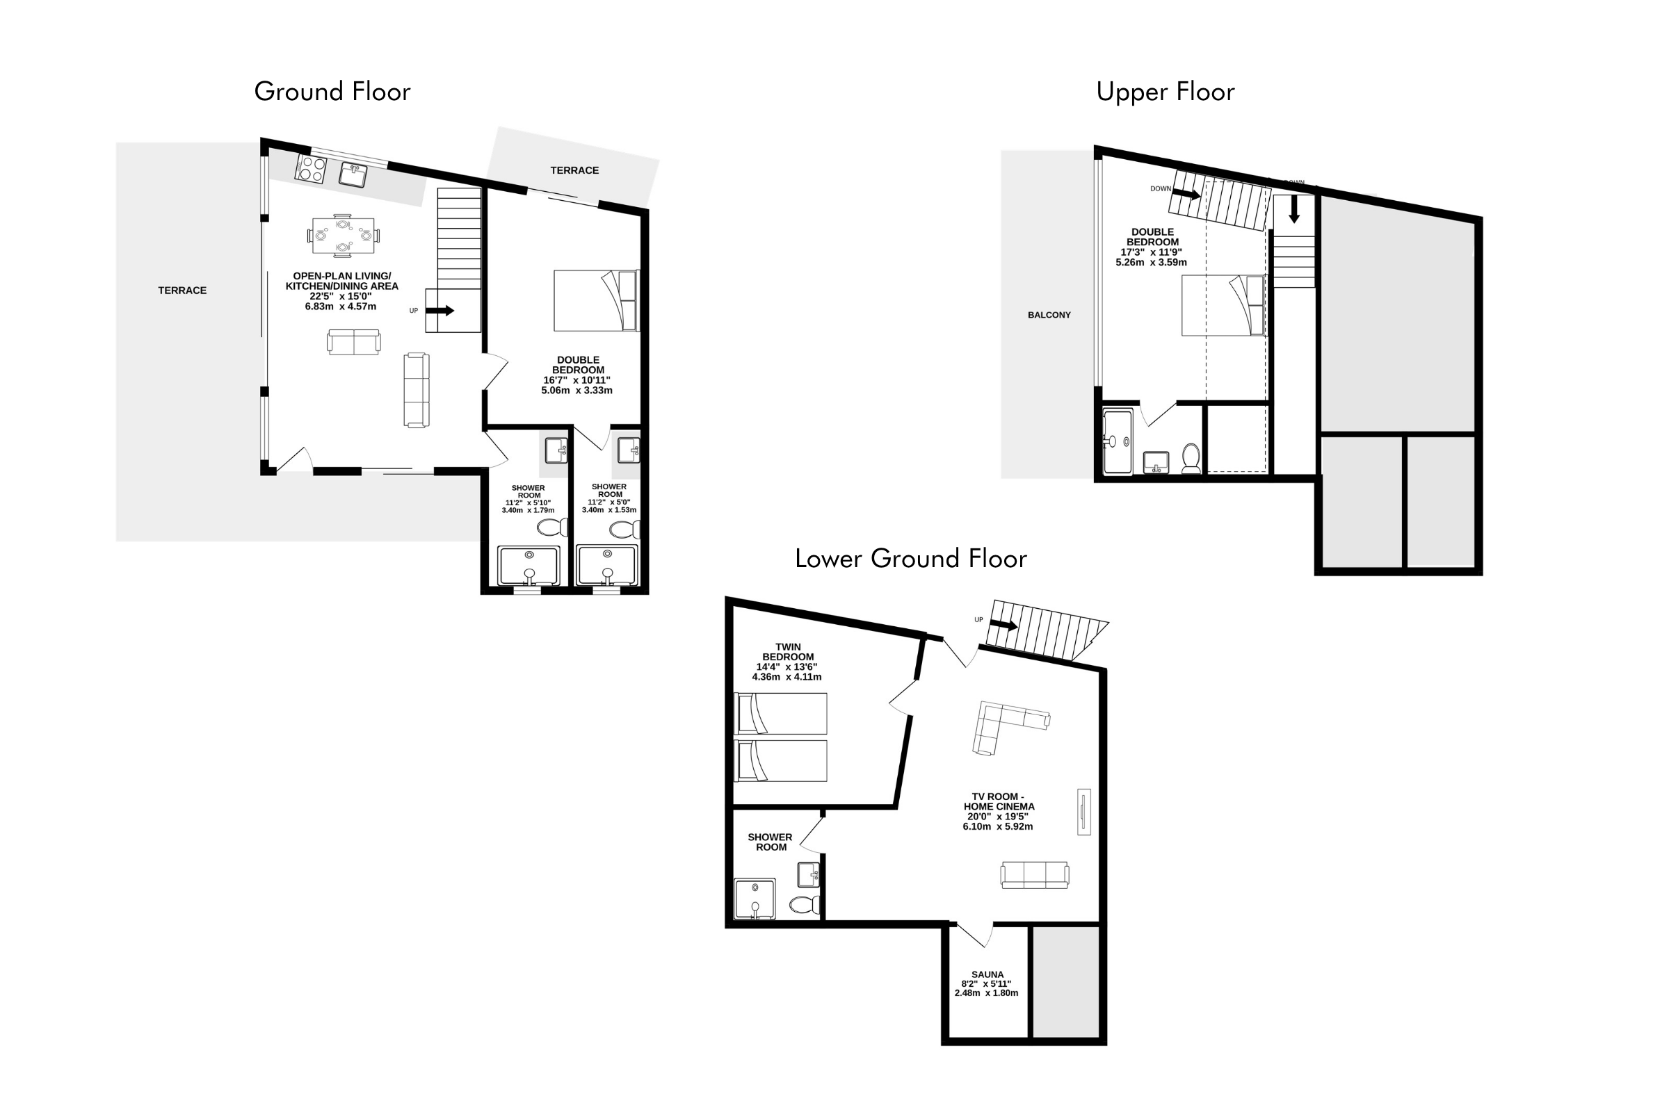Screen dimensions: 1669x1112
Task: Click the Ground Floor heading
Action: point(332,92)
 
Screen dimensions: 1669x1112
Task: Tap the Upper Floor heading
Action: point(1166,92)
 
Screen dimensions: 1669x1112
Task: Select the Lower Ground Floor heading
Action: point(910,559)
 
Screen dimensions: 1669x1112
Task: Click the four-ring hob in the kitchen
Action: point(311,169)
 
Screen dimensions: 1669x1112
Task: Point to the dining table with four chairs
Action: point(343,235)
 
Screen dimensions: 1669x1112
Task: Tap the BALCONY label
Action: point(1049,315)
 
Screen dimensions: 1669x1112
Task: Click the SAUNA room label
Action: point(987,974)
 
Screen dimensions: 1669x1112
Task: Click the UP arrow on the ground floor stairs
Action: point(440,311)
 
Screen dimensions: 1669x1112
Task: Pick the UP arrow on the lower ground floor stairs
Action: point(1004,625)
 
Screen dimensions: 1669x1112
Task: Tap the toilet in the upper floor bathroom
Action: point(1191,459)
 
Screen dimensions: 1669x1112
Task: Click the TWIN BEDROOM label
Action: point(788,652)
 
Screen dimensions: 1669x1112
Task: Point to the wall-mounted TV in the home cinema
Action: point(1083,811)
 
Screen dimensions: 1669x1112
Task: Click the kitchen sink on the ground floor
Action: point(353,174)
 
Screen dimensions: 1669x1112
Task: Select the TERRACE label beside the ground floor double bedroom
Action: point(574,170)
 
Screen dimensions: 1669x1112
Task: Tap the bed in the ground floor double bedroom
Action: point(597,300)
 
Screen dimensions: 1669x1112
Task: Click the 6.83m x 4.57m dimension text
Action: point(341,306)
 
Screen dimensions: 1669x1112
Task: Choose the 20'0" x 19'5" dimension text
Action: point(998,816)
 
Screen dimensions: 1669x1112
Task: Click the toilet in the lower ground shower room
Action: point(805,905)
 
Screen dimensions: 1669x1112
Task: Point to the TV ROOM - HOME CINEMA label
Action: point(999,801)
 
